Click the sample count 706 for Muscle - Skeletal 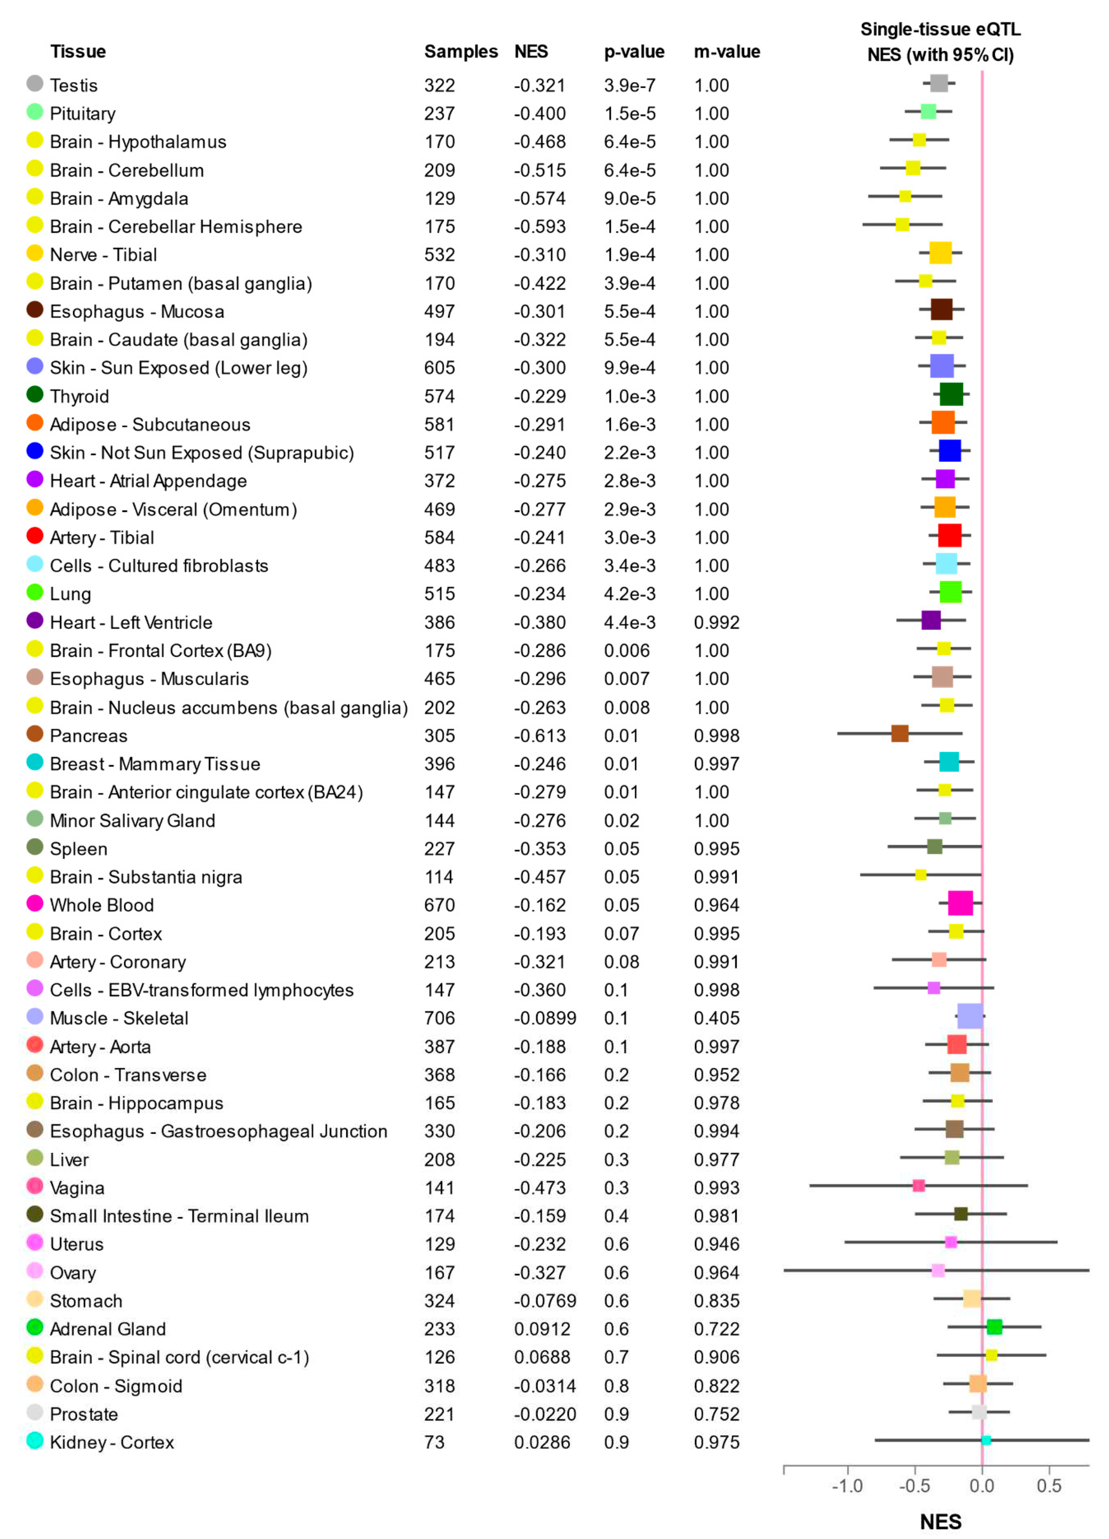[439, 1018]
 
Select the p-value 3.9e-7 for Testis [628, 86]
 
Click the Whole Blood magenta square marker [960, 903]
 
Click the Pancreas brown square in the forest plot [899, 733]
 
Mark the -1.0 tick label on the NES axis [847, 1486]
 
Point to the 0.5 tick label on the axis [1049, 1486]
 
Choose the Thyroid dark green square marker [951, 394]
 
